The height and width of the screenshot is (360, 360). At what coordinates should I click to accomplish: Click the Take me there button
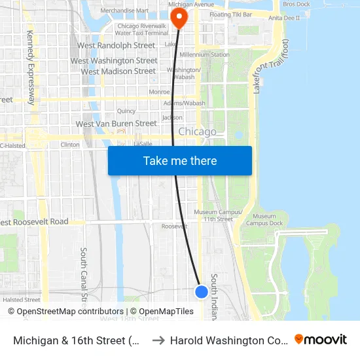coord(179,160)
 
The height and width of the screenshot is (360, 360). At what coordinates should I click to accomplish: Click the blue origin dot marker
coord(202,292)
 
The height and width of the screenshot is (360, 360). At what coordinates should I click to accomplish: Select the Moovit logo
coord(320,339)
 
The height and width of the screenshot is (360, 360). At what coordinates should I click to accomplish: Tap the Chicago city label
coord(197,132)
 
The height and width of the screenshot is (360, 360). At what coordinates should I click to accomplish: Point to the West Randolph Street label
coord(116,46)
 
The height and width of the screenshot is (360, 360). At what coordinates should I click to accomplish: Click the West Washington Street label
coord(114,61)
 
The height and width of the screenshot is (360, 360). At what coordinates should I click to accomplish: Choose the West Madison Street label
coord(118,71)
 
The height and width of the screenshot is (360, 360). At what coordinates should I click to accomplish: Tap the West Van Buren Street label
coord(116,124)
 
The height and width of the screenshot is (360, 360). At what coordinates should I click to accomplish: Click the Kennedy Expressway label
coord(31,67)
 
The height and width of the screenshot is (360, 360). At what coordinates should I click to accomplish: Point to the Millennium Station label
coord(205,54)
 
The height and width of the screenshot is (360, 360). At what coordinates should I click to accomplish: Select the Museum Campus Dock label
coord(264,220)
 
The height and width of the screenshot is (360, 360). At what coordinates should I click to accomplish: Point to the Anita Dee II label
coord(284,18)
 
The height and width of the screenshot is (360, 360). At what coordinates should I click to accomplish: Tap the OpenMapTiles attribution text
coord(164,312)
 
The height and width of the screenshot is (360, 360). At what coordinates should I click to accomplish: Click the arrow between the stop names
coord(158,340)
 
